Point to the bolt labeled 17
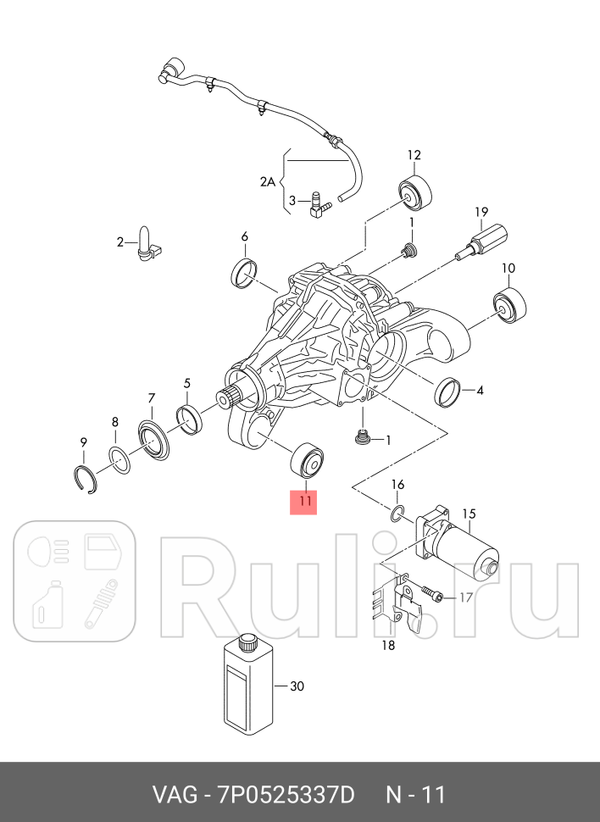coord(432,596)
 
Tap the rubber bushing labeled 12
coord(416,197)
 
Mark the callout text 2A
coord(268,181)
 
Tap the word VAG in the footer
coord(173,795)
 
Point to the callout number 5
coord(187,382)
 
